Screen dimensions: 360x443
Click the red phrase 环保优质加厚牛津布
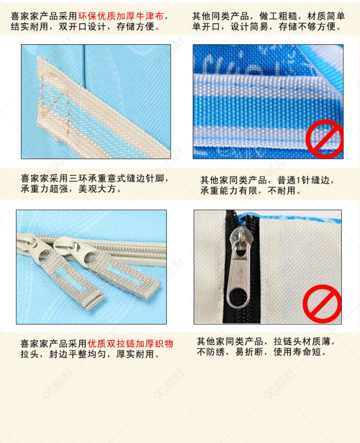(121, 16)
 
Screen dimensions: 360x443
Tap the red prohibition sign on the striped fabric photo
(325, 139)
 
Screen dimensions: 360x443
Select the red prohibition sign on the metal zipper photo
(322, 303)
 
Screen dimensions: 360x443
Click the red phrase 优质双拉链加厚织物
(131, 343)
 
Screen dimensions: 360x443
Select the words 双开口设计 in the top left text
(83, 27)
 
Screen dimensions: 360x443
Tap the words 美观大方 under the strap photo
(97, 189)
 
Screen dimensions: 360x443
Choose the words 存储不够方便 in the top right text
(307, 27)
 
